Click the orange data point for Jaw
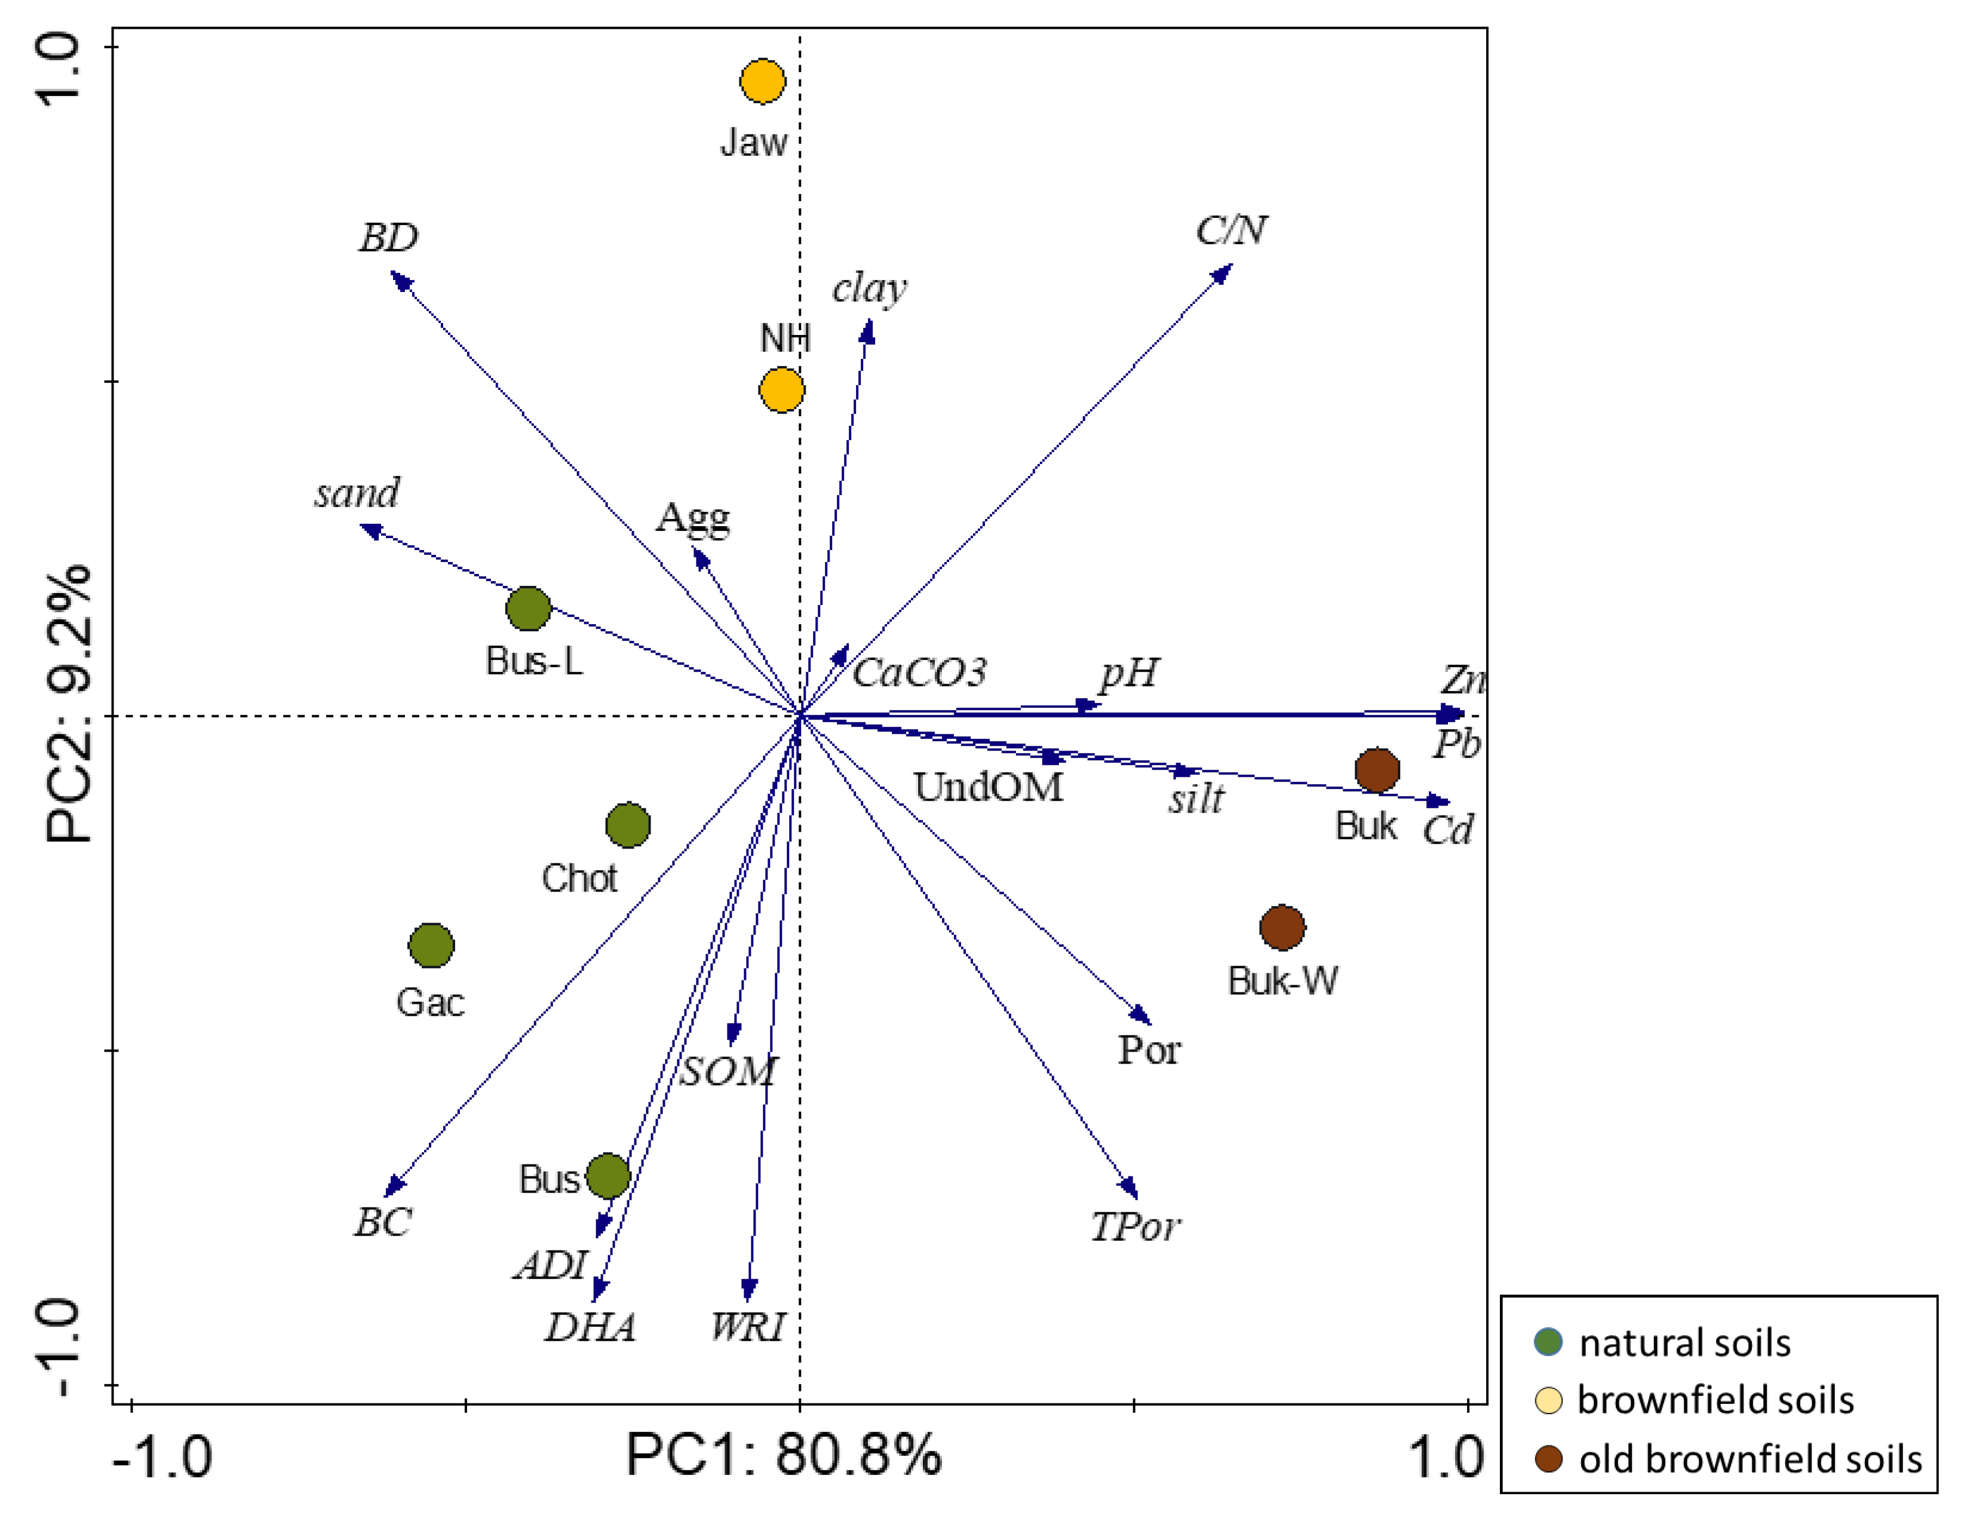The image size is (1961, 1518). pyautogui.click(x=762, y=82)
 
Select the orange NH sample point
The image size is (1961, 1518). pyautogui.click(x=781, y=389)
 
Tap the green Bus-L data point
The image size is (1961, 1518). pyautogui.click(x=528, y=609)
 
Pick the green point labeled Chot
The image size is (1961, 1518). pyautogui.click(x=628, y=825)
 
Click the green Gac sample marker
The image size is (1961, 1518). pyautogui.click(x=431, y=945)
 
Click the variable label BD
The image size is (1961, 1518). pyautogui.click(x=389, y=238)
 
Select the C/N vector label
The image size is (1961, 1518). pyautogui.click(x=1231, y=231)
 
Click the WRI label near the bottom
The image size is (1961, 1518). pyautogui.click(x=747, y=1327)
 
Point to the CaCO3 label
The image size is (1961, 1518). pyautogui.click(x=919, y=673)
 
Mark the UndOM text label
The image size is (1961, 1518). pyautogui.click(x=988, y=787)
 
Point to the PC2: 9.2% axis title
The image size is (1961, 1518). pyautogui.click(x=68, y=704)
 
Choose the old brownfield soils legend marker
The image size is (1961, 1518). pyautogui.click(x=1548, y=1459)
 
